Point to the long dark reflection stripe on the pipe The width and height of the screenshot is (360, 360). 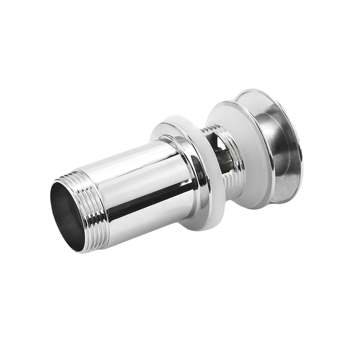click(x=144, y=199)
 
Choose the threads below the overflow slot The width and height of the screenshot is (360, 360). click(x=230, y=187)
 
